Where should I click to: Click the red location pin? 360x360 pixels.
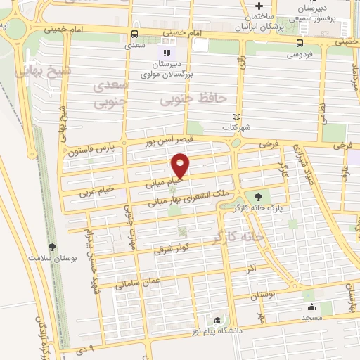pyautogui.click(x=181, y=165)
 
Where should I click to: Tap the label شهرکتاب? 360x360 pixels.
pyautogui.click(x=236, y=128)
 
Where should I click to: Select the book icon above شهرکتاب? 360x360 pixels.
pyautogui.click(x=236, y=117)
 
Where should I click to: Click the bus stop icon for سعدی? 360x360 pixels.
pyautogui.click(x=134, y=32)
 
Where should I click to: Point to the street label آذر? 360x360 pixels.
pyautogui.click(x=251, y=267)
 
